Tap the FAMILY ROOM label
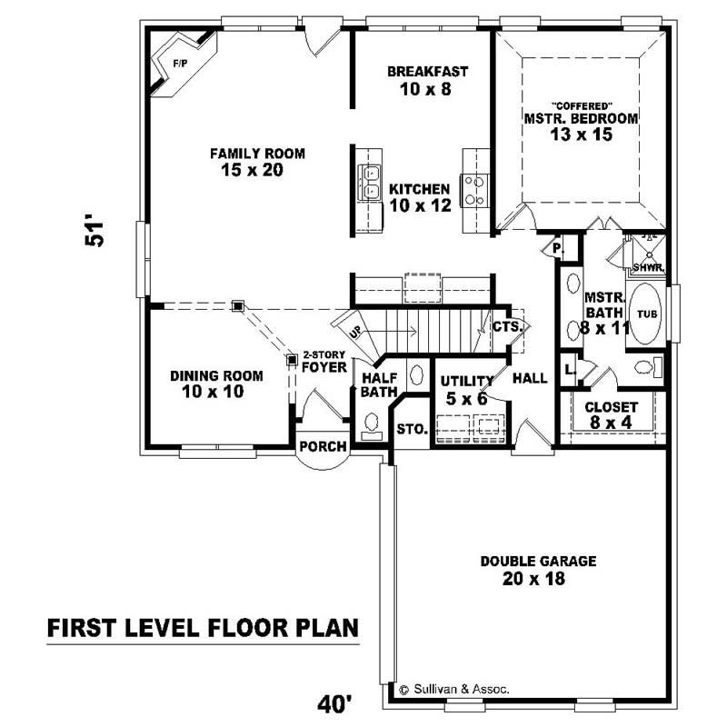click(x=257, y=161)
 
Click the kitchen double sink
click(x=372, y=182)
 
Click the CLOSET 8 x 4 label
click(x=611, y=415)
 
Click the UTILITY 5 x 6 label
click(x=465, y=389)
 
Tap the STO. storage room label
click(x=412, y=429)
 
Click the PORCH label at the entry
click(x=323, y=446)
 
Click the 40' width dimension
click(x=334, y=702)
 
